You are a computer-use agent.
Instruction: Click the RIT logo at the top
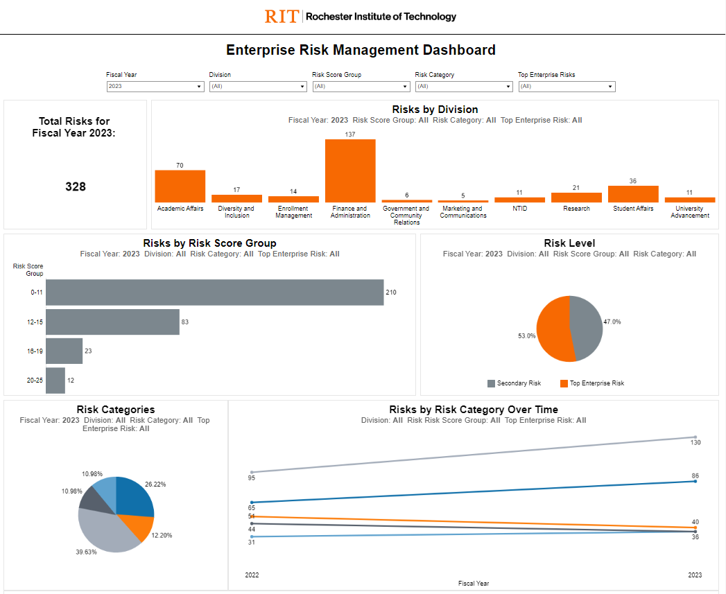tap(282, 16)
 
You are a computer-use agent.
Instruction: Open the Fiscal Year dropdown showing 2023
tap(155, 87)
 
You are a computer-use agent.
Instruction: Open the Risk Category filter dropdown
tap(463, 87)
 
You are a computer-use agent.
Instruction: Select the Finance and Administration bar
tap(350, 171)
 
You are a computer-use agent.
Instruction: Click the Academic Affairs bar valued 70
tap(180, 186)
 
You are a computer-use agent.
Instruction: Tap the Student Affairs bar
tap(633, 194)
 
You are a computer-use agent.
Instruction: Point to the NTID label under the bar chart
tap(519, 209)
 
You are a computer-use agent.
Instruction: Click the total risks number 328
tap(76, 186)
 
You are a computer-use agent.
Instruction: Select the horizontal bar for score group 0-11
tap(214, 292)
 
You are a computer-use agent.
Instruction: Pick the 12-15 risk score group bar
tap(112, 322)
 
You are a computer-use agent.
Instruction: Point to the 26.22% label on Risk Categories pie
tap(156, 484)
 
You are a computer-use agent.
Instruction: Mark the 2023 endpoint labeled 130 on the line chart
tap(695, 437)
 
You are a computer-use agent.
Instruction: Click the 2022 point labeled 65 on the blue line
tap(252, 503)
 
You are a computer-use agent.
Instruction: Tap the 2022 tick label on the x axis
tap(252, 575)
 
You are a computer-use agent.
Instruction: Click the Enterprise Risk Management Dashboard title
tap(361, 50)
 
